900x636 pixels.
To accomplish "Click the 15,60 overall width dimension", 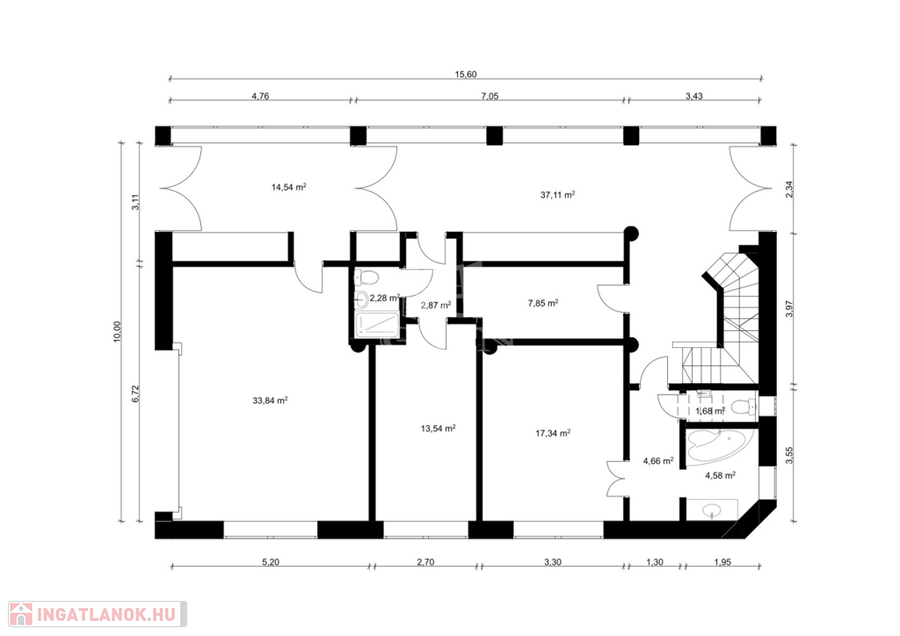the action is (x=466, y=74).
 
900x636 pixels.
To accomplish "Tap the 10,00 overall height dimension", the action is (x=118, y=332).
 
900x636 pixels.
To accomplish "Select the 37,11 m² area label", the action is (x=557, y=194).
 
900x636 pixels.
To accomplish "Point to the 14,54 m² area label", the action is (x=288, y=187).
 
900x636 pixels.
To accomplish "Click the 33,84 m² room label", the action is (x=270, y=401).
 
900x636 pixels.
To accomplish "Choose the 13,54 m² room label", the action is (x=439, y=428).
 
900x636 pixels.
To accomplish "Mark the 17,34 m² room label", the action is (x=553, y=433).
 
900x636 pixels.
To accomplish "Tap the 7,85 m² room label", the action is (x=543, y=303).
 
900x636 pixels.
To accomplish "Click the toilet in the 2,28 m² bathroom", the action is (x=367, y=278).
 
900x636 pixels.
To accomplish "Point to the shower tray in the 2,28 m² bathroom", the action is (x=376, y=325).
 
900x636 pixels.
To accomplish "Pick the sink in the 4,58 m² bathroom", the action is (x=712, y=510).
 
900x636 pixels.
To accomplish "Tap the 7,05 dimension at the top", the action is (x=489, y=96).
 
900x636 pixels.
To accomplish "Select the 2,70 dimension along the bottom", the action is (x=425, y=562).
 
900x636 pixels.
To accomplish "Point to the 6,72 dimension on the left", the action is (x=135, y=394).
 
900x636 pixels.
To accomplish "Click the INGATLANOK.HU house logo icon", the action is (x=21, y=614).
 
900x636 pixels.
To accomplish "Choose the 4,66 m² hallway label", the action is (x=657, y=460).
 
